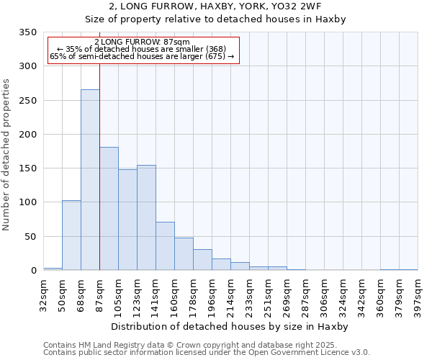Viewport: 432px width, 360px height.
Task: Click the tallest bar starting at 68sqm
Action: [x=90, y=180]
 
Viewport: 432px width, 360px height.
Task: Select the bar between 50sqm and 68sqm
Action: [x=71, y=235]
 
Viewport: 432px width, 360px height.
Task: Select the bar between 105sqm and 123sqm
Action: [x=127, y=220]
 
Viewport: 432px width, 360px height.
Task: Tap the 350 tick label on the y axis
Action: [x=27, y=32]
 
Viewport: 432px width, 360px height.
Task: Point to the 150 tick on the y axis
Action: [x=27, y=168]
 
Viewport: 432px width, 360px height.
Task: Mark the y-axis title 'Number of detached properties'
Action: [x=7, y=155]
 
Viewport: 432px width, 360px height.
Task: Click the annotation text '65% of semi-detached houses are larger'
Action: [x=142, y=57]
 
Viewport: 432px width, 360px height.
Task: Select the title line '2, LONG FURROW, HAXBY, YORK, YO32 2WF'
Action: [x=216, y=6]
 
